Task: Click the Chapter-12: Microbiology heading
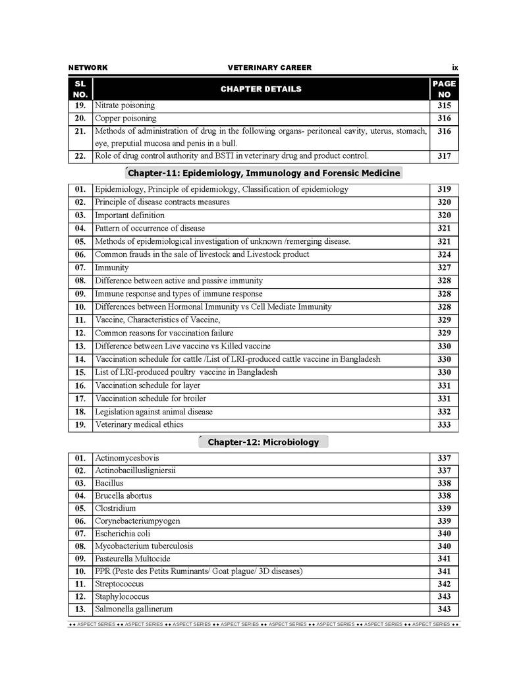tap(263, 442)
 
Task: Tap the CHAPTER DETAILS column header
tap(261, 89)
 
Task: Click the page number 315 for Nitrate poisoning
tap(444, 105)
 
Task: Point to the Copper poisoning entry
tap(126, 119)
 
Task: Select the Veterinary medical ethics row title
tap(139, 425)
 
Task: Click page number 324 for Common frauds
tap(444, 254)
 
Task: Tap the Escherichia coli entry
tap(123, 534)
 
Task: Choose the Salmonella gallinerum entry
tap(134, 610)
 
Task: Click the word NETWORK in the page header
tap(88, 68)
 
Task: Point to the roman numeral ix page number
tap(455, 67)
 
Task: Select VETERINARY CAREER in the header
tap(269, 68)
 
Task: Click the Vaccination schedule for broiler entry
tap(150, 399)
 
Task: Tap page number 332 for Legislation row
tap(444, 412)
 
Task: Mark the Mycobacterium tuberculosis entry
tap(144, 546)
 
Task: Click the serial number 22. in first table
tap(80, 156)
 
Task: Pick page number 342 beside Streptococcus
tap(444, 584)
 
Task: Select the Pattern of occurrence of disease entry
tap(150, 229)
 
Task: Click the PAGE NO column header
tap(444, 89)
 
